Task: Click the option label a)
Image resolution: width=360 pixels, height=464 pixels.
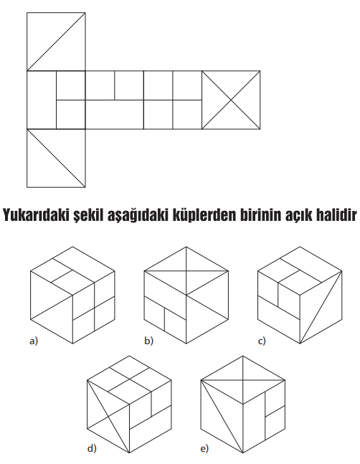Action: [x=34, y=341]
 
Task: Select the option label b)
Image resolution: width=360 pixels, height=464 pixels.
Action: [x=148, y=341]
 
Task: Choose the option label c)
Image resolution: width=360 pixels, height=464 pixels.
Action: [x=262, y=341]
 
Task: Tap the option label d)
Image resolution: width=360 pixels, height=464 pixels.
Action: [x=92, y=449]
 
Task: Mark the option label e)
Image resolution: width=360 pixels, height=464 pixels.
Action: [x=204, y=449]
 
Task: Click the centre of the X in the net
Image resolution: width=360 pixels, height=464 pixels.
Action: [x=231, y=100]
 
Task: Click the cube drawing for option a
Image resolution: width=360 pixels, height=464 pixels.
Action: [x=72, y=295]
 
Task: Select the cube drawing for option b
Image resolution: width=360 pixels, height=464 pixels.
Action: [x=186, y=295]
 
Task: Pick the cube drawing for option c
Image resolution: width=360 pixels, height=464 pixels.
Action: [x=300, y=295]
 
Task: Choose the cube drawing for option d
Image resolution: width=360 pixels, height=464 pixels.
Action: [x=129, y=404]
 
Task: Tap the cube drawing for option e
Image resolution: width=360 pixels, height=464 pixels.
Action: [x=243, y=404]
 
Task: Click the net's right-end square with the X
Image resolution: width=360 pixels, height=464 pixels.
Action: [x=231, y=100]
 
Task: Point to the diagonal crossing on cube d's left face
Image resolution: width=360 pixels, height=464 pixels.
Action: [x=108, y=417]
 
